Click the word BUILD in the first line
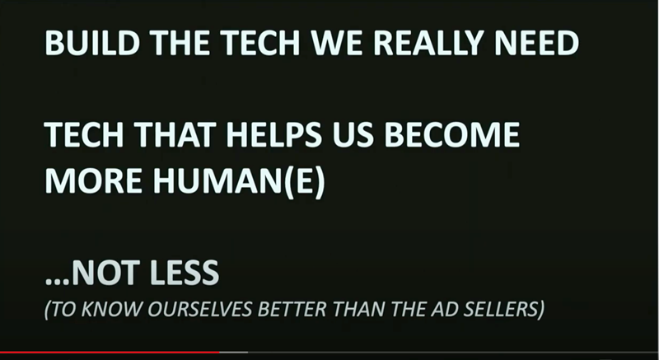pos(92,43)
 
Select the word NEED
pos(537,43)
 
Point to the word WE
pos(336,43)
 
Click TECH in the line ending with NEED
pos(260,43)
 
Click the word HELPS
pos(274,134)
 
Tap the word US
pos(353,134)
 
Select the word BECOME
pos(451,134)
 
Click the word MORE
pos(93,180)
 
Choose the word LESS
pos(184,273)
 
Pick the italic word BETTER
pos(292,309)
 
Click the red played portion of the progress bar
pos(110,352)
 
